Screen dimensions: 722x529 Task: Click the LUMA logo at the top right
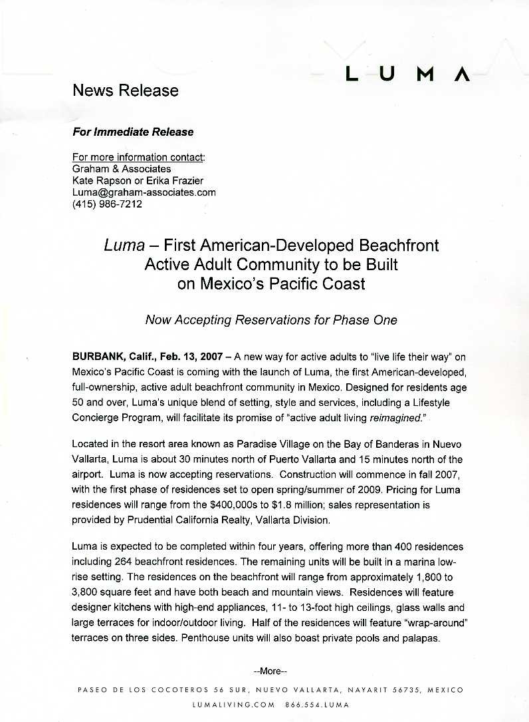coord(407,74)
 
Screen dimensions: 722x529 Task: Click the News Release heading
coord(125,90)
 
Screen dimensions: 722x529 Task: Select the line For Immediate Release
coord(132,132)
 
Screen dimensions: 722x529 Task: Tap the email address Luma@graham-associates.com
coord(144,192)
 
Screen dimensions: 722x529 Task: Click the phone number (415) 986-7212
coord(106,204)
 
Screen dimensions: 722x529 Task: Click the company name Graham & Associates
coord(121,169)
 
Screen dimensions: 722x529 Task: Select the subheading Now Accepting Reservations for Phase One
coord(270,320)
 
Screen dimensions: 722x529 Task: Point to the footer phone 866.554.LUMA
coord(317,704)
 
